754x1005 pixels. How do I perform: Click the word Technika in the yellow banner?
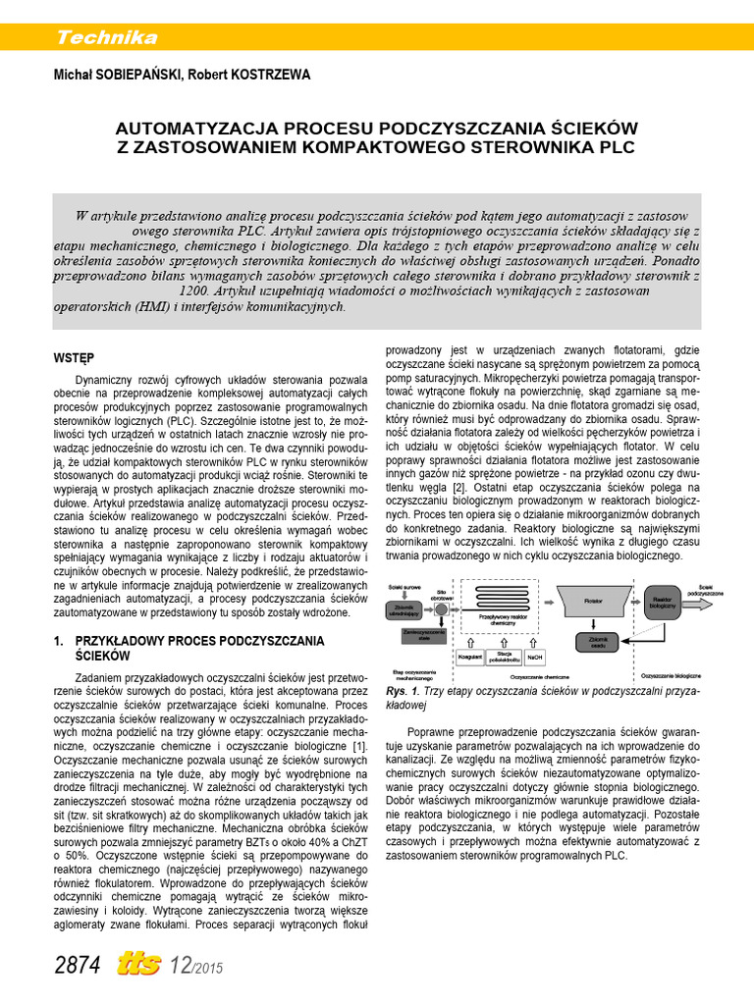click(x=107, y=38)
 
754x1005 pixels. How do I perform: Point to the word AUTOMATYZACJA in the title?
click(x=196, y=129)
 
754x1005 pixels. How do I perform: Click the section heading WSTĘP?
click(x=73, y=358)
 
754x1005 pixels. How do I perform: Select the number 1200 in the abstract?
click(x=193, y=291)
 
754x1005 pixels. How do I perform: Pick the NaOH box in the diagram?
click(x=534, y=657)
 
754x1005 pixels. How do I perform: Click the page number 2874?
click(x=78, y=966)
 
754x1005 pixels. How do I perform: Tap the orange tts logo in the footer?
click(x=138, y=965)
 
